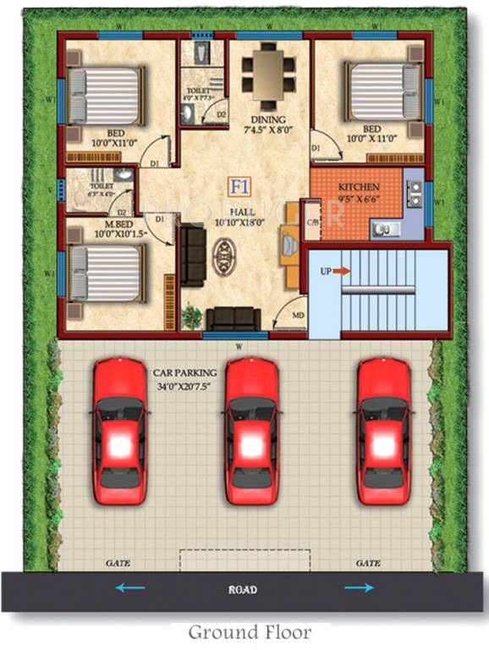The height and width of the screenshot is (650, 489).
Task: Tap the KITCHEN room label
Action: click(359, 186)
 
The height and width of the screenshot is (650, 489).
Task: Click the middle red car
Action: click(252, 432)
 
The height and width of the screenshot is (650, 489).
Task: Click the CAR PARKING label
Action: click(184, 372)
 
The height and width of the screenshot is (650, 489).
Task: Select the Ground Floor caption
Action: click(249, 632)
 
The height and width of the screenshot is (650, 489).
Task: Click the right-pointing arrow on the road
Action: click(359, 588)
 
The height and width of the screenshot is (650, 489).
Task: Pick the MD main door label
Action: click(298, 316)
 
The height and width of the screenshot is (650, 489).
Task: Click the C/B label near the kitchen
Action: click(310, 225)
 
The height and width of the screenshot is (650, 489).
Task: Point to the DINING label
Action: click(267, 119)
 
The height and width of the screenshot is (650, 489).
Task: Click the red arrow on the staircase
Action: click(341, 271)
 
